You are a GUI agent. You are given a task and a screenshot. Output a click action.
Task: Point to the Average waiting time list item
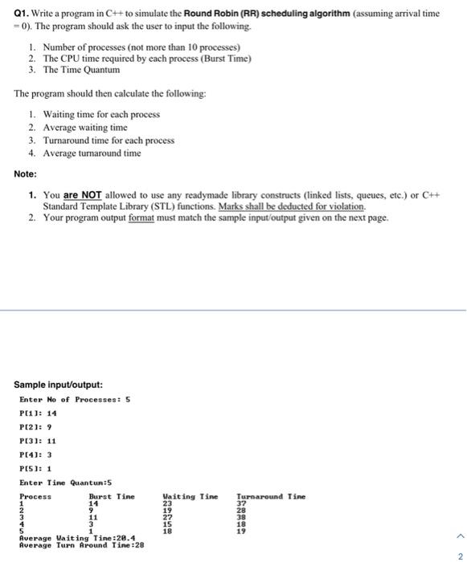[x=84, y=128]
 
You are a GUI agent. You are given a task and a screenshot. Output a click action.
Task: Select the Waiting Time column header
[x=190, y=497]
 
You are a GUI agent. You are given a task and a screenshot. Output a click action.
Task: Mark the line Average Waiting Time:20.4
[x=77, y=538]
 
